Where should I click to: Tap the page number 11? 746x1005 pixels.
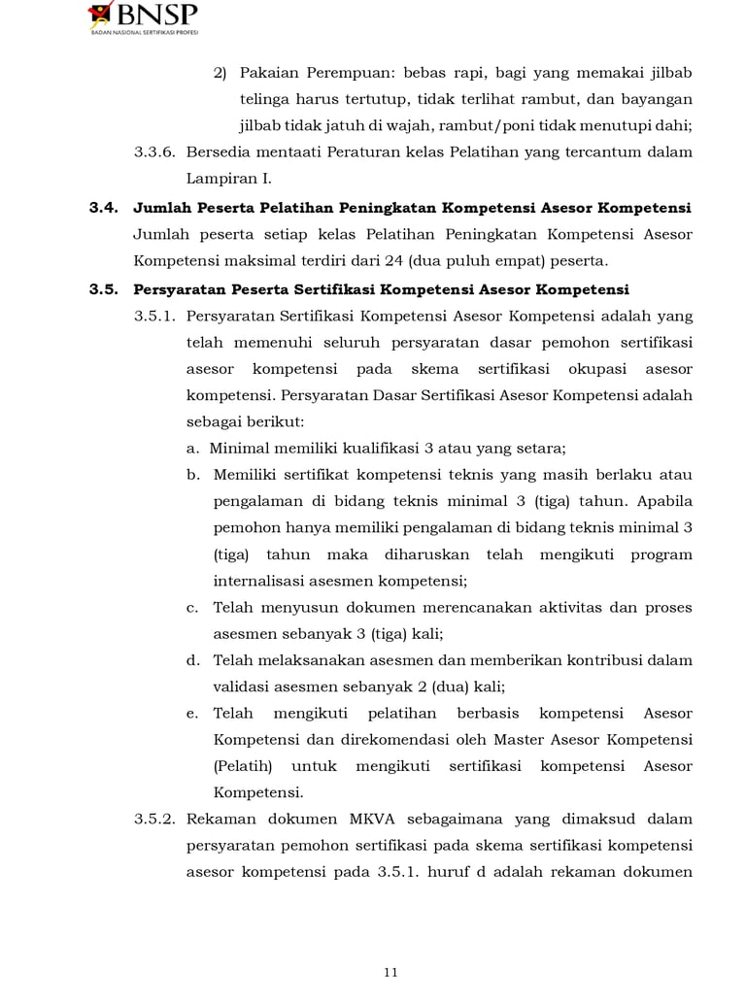(390, 972)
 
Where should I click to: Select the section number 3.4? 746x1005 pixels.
(103, 207)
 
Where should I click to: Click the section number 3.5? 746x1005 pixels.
(103, 288)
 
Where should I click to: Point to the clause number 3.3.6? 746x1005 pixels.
(155, 152)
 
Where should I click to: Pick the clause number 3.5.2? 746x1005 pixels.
(155, 820)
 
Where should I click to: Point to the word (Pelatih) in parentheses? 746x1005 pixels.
(240, 766)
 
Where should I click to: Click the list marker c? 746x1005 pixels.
(192, 607)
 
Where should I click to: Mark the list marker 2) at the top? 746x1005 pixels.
(220, 73)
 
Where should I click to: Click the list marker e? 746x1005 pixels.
(192, 713)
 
